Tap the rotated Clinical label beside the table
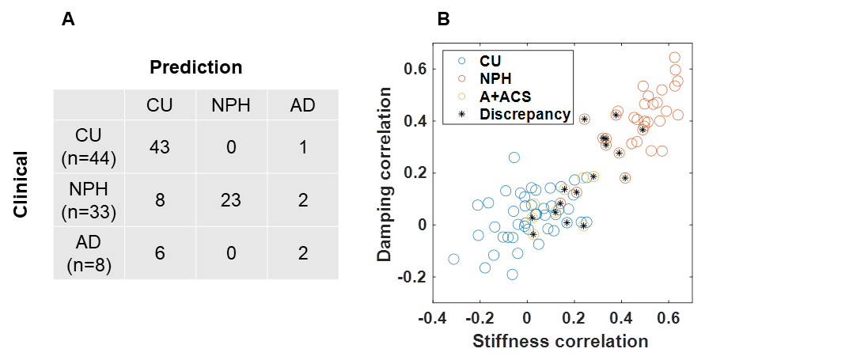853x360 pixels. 23,184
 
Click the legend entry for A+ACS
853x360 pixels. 502,96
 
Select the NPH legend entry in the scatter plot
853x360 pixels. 495,78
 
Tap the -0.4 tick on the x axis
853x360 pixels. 433,319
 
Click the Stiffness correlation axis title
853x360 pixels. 560,341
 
